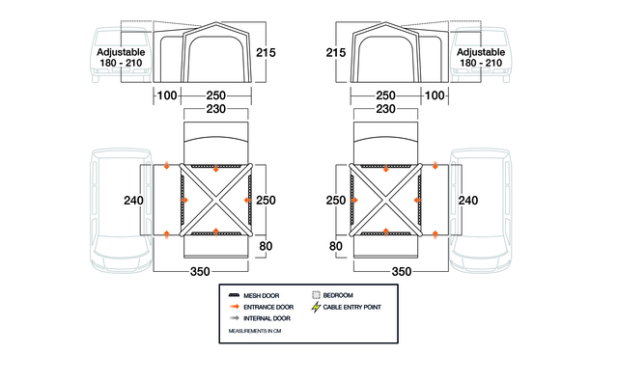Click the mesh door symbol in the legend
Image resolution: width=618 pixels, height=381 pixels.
(x=234, y=295)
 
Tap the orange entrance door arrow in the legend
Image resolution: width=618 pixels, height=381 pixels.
(x=234, y=307)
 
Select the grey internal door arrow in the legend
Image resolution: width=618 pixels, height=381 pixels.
(x=234, y=318)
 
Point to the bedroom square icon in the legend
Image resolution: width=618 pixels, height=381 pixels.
(x=316, y=295)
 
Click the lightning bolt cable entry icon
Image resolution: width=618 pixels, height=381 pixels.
(x=316, y=307)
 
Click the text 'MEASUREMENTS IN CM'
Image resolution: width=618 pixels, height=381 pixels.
(x=255, y=331)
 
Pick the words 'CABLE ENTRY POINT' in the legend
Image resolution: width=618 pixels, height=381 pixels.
(x=351, y=307)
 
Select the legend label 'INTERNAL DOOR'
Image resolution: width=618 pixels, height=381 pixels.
(x=267, y=318)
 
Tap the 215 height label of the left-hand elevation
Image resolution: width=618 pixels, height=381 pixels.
(x=266, y=53)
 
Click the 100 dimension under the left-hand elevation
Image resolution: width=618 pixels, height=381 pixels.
(x=167, y=95)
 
